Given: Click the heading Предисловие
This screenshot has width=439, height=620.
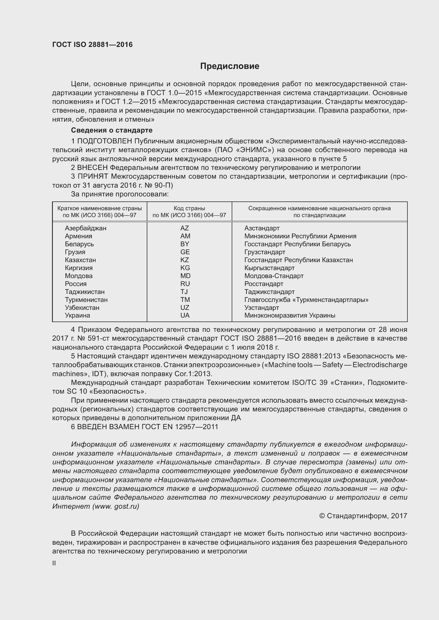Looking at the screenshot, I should coord(230,66).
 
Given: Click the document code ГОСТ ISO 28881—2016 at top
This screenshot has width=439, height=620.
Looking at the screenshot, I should coord(92,45).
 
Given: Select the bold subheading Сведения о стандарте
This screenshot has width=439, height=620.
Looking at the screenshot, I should coord(112,130).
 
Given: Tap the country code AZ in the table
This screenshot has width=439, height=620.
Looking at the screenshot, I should coord(185,228).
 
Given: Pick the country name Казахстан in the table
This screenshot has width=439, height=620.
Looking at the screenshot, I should coord(80,260).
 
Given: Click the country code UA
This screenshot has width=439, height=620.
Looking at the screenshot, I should coord(185,315).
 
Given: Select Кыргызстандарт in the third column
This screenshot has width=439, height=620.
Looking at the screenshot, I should coord(269,268).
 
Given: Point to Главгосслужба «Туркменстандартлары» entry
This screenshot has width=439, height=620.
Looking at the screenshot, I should coord(306,300).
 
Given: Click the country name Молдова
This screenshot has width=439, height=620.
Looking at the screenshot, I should coord(79,276).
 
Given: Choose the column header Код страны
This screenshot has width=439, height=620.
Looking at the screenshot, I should coord(189,208).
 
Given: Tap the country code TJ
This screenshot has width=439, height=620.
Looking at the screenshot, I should coord(184,292).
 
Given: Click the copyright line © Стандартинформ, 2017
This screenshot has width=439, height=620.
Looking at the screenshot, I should coord(363,516).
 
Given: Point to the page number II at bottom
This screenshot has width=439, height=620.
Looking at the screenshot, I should coord(54,563).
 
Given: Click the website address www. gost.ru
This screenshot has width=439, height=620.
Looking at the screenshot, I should coord(116,506).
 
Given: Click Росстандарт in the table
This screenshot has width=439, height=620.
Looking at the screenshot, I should coord(264,284).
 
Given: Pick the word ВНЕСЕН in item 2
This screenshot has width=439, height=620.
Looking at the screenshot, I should coord(92,168).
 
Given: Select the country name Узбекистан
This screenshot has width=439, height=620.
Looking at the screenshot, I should coord(82,308).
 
